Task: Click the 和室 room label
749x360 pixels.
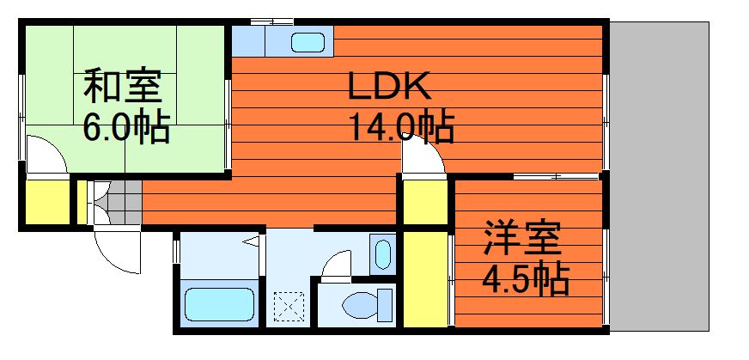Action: coord(123,87)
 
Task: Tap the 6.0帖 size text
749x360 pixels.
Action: coord(126,126)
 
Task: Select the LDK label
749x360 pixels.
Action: coord(389,86)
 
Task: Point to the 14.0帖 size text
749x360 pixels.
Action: coord(401,126)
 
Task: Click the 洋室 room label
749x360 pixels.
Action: coord(521,238)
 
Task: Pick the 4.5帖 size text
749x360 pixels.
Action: coord(526,278)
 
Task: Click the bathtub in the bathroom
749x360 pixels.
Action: coord(219,304)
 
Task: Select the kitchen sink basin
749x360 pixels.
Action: coord(308,41)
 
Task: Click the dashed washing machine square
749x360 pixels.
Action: coord(289,307)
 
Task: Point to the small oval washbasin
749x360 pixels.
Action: coord(382,255)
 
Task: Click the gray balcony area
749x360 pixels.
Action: coord(659,176)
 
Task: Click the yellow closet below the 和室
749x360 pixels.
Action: coord(46,202)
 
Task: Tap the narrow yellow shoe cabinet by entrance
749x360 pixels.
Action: coord(82,202)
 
